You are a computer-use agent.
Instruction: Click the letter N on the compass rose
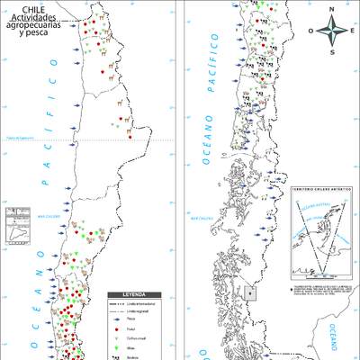pos(332,11)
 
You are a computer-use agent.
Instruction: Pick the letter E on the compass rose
pos(352,30)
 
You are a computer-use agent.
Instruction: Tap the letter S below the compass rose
pos(332,51)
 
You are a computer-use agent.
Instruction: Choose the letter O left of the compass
pos(312,30)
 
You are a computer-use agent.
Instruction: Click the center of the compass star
pos(332,31)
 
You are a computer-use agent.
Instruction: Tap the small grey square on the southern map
pos(250,292)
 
